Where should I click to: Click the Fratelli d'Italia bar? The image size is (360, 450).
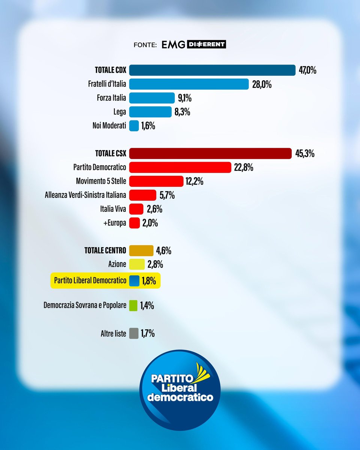click(x=189, y=84)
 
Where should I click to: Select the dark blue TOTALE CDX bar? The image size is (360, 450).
click(x=212, y=70)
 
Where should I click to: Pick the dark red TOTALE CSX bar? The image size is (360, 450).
click(x=210, y=153)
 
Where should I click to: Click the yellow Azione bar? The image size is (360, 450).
click(x=137, y=264)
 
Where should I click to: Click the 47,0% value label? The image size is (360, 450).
click(x=307, y=70)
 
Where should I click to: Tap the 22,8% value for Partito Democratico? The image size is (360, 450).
click(x=243, y=167)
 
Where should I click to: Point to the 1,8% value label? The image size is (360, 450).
click(x=149, y=281)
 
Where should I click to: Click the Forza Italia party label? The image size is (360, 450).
click(x=111, y=98)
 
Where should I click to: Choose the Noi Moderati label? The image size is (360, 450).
click(x=109, y=126)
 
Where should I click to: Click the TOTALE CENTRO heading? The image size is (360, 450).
click(x=105, y=250)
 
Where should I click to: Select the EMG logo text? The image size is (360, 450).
click(x=174, y=45)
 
